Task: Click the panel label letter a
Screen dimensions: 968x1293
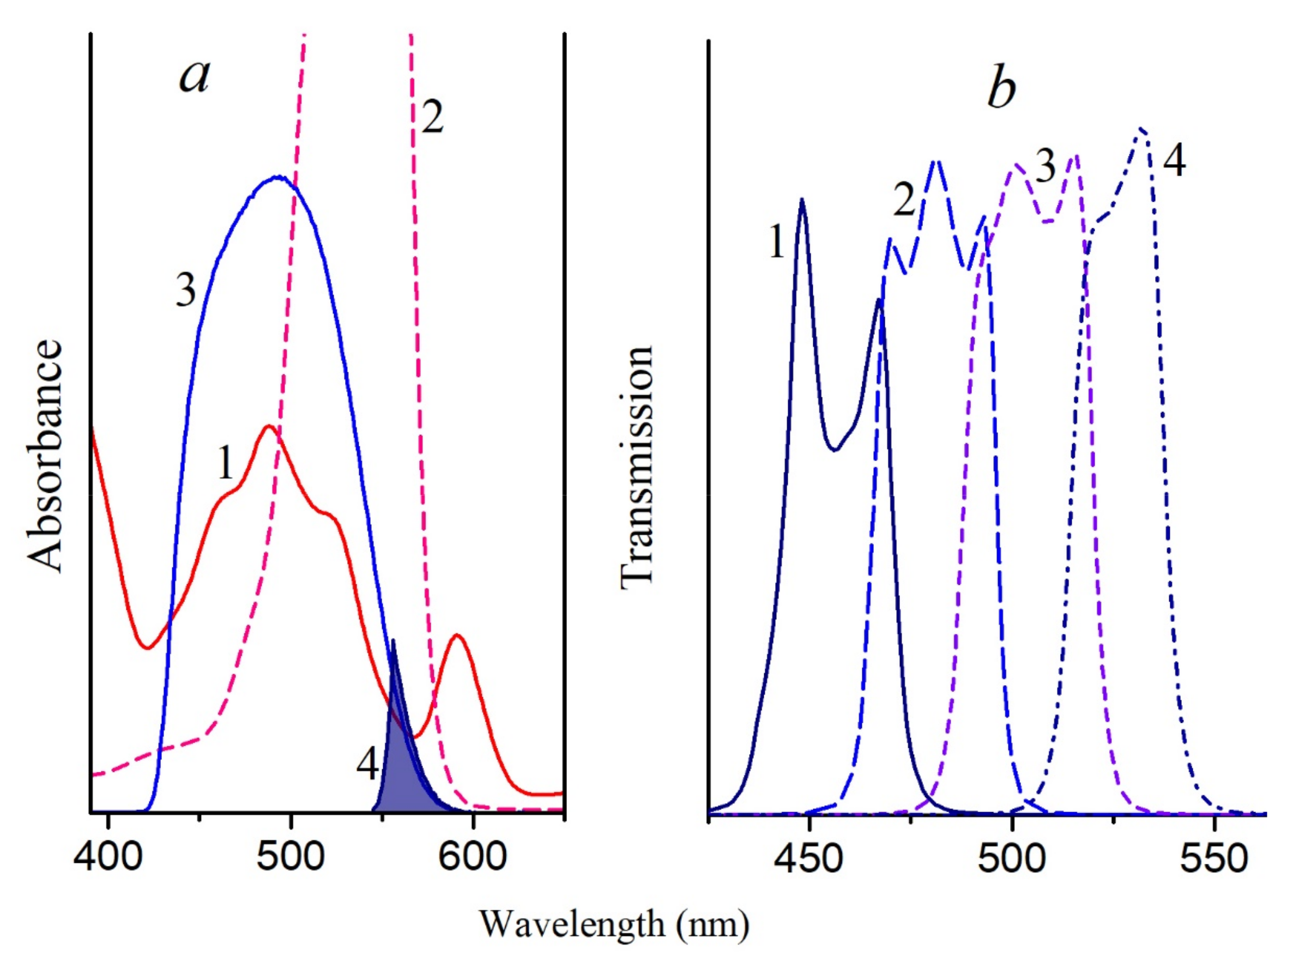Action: (x=194, y=77)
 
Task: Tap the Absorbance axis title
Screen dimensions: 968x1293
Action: (x=45, y=456)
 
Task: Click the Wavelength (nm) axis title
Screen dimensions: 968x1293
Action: (x=614, y=924)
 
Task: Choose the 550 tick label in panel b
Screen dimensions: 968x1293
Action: (x=1215, y=860)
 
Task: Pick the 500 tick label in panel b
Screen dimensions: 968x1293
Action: (x=1012, y=860)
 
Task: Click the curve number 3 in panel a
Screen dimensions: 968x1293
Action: (x=186, y=291)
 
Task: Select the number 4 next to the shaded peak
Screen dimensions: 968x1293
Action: (x=367, y=764)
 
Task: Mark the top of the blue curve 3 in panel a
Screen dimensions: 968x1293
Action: (x=278, y=177)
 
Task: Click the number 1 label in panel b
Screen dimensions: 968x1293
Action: (x=776, y=241)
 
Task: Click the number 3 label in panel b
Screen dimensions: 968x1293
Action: (x=1046, y=167)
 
